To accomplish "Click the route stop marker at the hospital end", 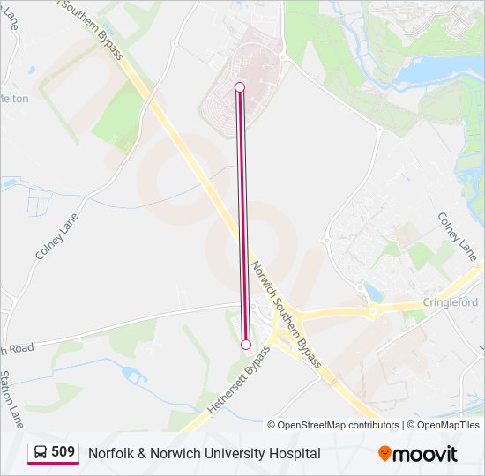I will click(x=239, y=86).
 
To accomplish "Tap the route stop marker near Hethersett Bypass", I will click(x=246, y=345).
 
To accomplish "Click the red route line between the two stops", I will click(x=242, y=216).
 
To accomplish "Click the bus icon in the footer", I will click(x=41, y=453).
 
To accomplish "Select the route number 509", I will click(x=63, y=452).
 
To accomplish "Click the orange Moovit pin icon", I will click(x=385, y=454).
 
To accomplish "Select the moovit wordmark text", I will click(x=425, y=454).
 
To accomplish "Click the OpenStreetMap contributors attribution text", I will click(x=339, y=425).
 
